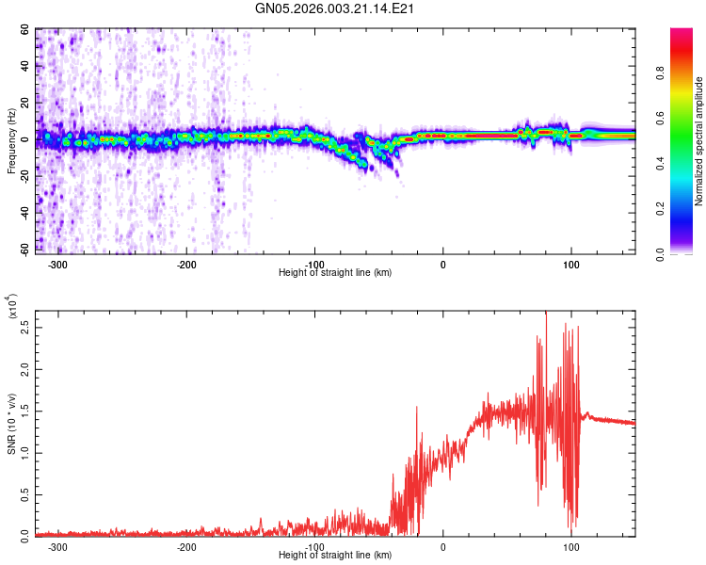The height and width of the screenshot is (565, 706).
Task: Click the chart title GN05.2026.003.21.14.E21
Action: coord(335,8)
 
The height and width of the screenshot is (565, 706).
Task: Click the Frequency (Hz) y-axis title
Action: coord(11,141)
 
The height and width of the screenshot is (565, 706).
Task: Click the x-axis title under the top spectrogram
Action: coord(335,272)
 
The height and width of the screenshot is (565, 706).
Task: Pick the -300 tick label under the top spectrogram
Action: coord(58,263)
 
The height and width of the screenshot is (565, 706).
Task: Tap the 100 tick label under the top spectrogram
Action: coord(570,263)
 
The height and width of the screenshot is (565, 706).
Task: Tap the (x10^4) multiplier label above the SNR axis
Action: coord(11,307)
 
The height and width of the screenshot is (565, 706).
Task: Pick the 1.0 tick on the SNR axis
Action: coord(22,452)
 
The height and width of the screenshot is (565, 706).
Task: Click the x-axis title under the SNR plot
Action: coord(335,555)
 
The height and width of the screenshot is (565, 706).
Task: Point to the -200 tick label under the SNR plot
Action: coord(186,545)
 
